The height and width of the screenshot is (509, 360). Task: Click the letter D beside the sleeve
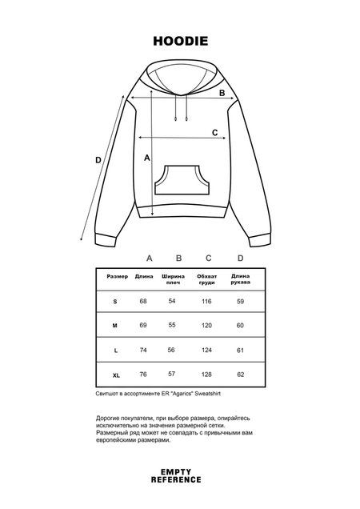pyautogui.click(x=98, y=160)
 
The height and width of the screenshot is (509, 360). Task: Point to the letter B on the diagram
pyautogui.click(x=223, y=94)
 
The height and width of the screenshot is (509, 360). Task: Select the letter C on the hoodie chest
pyautogui.click(x=214, y=133)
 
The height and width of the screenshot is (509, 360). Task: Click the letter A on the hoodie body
pyautogui.click(x=147, y=158)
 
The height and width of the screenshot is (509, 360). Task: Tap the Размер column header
pyautogui.click(x=117, y=276)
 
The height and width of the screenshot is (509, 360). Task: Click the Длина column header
pyautogui.click(x=144, y=276)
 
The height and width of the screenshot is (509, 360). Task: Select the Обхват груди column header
pyautogui.click(x=207, y=280)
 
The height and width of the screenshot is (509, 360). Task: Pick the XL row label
pyautogui.click(x=116, y=375)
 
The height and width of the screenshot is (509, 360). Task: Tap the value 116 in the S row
pyautogui.click(x=207, y=301)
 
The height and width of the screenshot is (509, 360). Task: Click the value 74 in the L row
pyautogui.click(x=143, y=351)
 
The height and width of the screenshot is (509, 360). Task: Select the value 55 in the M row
pyautogui.click(x=171, y=326)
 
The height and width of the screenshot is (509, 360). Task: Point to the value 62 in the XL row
pyautogui.click(x=240, y=375)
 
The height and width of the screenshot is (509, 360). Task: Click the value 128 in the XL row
pyautogui.click(x=207, y=375)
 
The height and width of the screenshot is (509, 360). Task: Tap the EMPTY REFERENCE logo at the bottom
pyautogui.click(x=179, y=477)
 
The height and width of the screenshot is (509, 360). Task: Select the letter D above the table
pyautogui.click(x=240, y=259)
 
